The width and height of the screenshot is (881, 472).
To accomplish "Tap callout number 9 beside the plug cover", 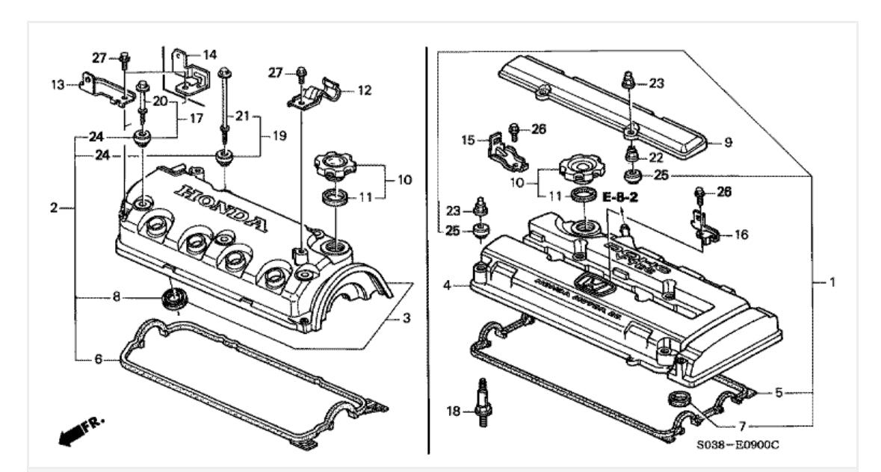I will tap(727, 142).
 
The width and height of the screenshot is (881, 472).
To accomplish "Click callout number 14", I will tap(210, 54).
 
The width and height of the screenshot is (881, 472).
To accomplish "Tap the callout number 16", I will tap(741, 234).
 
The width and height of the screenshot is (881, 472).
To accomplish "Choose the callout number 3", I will tap(406, 318).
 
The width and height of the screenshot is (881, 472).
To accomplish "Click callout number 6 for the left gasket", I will tap(98, 359).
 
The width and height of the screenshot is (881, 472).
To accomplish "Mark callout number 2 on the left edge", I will tap(54, 208).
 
